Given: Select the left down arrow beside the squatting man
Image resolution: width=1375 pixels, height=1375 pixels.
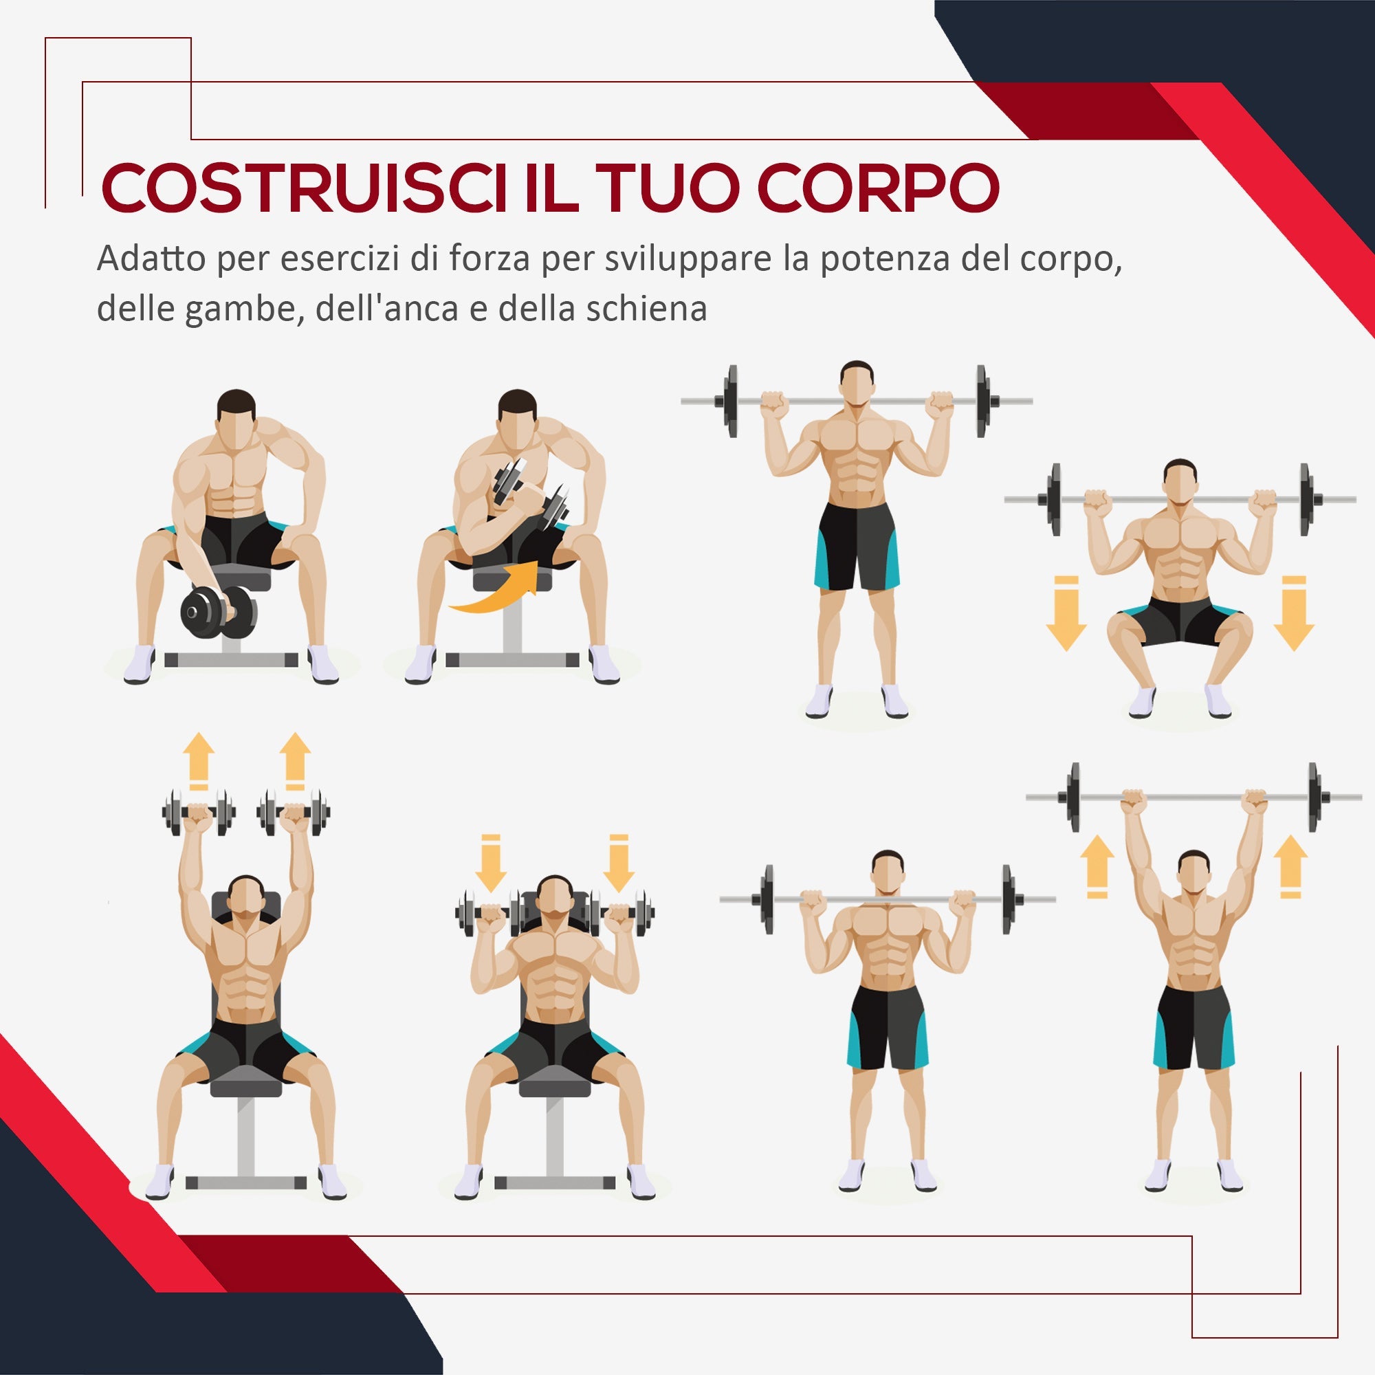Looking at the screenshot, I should [x=1066, y=613].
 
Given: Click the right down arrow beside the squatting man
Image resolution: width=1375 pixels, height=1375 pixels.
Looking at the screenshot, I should [x=1293, y=613].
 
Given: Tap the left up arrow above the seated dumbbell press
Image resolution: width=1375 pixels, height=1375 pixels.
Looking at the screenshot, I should [x=199, y=761].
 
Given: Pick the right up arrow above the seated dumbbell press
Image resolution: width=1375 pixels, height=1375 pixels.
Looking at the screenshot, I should [x=295, y=761].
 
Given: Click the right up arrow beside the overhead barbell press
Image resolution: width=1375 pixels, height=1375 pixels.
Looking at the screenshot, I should [x=1290, y=866].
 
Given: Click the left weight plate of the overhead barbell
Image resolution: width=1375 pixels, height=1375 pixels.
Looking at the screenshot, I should [x=1073, y=797].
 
